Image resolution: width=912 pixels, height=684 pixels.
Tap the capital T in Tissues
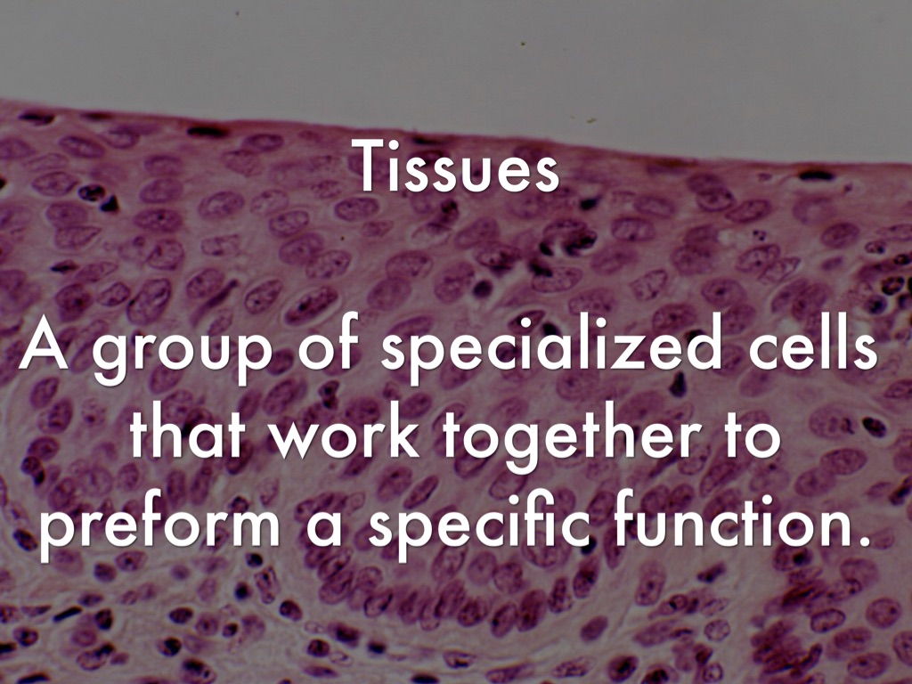[x=369, y=165]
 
